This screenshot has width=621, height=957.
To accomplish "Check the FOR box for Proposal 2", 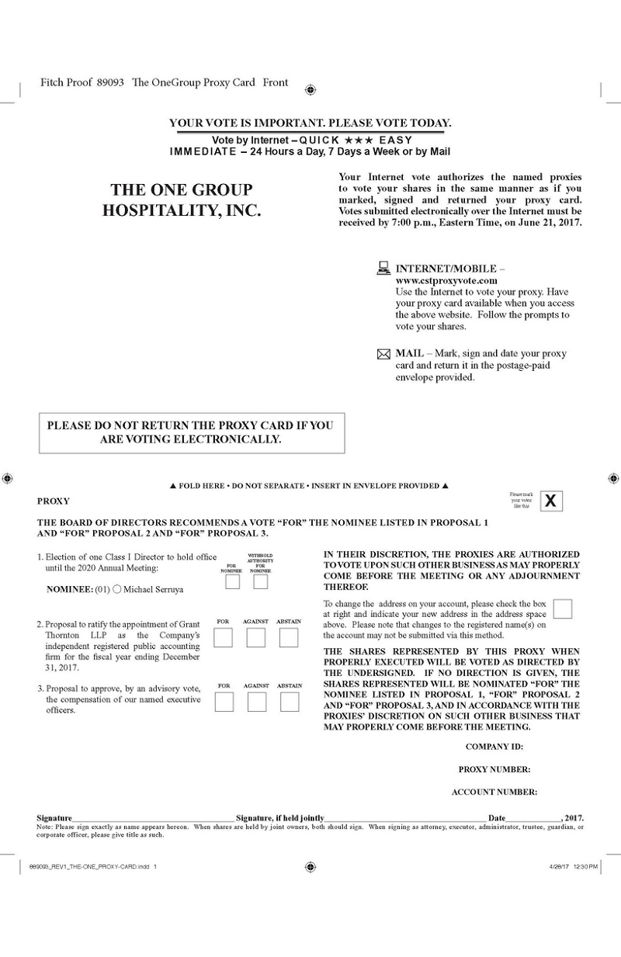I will (223, 637).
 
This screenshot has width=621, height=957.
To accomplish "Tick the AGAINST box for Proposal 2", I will (255, 637).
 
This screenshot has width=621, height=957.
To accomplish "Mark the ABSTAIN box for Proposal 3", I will (290, 702).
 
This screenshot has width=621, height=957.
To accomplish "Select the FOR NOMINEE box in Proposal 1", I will (231, 581).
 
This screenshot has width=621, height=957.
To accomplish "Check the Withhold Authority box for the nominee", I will (260, 581).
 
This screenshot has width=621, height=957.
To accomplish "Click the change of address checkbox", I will (563, 609).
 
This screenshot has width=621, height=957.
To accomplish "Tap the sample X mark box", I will (551, 501).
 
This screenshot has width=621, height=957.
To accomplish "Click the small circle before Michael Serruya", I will (116, 589).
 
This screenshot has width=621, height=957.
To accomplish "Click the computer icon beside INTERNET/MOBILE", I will (383, 269).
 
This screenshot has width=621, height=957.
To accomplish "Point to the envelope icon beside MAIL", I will (383, 354).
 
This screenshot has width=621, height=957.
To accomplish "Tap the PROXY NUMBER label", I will (494, 769).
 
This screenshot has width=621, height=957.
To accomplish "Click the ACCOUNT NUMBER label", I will (494, 792).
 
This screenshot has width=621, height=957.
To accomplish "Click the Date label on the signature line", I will (497, 818).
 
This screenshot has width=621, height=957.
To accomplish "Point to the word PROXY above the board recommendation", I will (53, 501).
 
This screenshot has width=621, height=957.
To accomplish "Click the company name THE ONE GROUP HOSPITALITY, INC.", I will (182, 200).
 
